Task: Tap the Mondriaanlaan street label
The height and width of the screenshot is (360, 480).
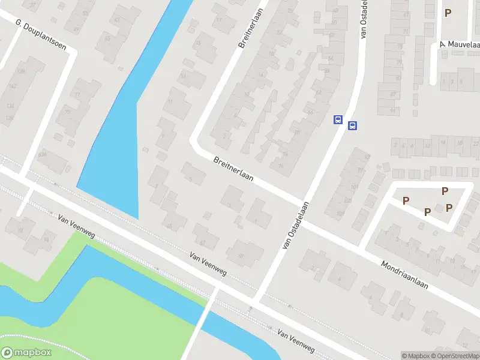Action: click(x=405, y=274)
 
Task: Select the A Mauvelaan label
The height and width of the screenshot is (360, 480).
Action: click(x=460, y=44)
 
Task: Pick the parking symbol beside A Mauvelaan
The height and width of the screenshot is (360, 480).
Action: click(x=448, y=12)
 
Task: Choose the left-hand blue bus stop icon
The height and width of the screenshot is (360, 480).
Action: click(x=338, y=120)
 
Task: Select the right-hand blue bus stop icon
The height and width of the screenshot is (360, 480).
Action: click(x=353, y=125)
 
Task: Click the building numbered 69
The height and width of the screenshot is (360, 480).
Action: click(x=241, y=256)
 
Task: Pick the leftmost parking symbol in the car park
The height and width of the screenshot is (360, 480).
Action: click(x=406, y=200)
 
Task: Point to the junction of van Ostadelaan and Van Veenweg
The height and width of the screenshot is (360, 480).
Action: click(x=257, y=298)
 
